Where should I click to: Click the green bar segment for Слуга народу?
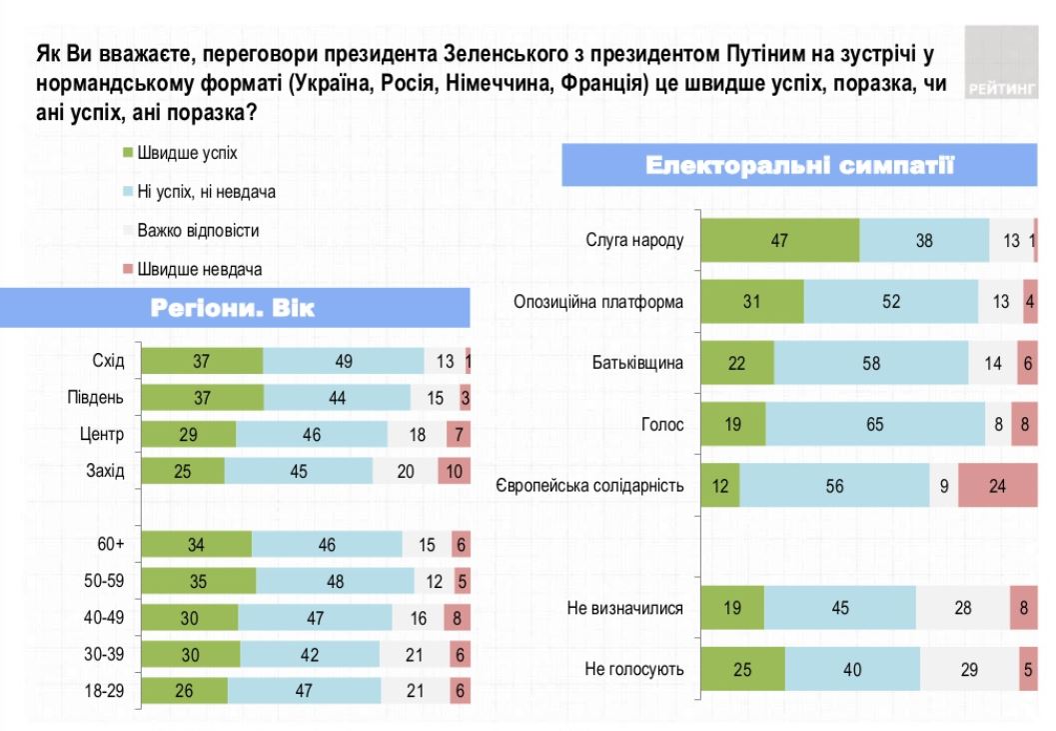780,240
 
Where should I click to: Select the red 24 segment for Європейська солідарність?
998,486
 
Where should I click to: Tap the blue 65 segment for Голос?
875,424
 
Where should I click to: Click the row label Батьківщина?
635,363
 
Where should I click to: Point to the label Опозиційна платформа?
598,301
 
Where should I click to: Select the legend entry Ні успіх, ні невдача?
205,191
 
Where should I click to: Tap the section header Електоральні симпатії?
799,165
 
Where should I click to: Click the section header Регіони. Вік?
233,307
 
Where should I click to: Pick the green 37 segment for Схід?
202,361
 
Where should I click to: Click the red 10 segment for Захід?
454,471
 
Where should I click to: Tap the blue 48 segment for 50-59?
335,581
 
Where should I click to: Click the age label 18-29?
104,690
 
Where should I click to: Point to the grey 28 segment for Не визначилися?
962,607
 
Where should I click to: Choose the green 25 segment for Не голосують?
742,669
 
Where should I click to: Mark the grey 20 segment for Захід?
405,471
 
